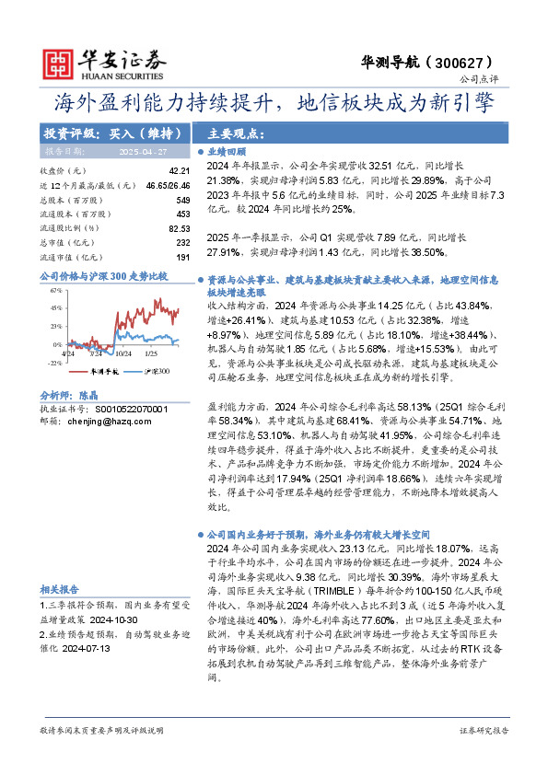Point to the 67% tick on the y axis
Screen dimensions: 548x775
click(55, 290)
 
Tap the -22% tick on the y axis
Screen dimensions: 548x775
click(54, 363)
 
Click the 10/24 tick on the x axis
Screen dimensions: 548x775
click(124, 353)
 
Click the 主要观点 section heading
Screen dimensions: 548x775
click(236, 133)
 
